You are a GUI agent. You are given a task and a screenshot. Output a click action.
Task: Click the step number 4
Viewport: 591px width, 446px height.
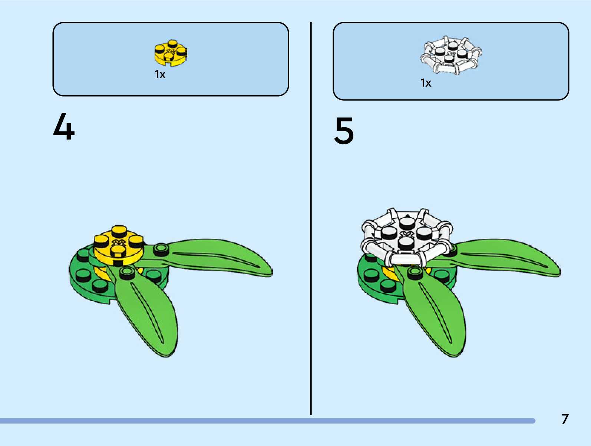(64, 127)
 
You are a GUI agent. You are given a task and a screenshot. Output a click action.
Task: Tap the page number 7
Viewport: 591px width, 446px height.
(565, 419)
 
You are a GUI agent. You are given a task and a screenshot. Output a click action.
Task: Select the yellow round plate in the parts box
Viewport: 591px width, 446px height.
(171, 53)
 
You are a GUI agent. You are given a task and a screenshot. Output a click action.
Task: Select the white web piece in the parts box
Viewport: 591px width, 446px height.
(450, 56)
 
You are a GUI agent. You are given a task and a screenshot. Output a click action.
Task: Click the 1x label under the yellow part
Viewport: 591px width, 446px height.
(160, 75)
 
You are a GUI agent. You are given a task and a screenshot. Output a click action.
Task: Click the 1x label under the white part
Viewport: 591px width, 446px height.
(426, 83)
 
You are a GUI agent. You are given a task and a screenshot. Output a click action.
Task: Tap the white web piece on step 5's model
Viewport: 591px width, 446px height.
(407, 237)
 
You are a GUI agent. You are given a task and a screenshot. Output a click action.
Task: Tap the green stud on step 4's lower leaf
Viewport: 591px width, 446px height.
(128, 273)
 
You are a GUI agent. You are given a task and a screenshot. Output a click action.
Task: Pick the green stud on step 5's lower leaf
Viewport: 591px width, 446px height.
(415, 273)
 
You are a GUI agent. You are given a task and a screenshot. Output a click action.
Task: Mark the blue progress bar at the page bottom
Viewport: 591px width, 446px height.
(267, 421)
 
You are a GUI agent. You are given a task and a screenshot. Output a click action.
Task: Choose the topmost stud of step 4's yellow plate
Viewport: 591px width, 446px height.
(119, 230)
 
